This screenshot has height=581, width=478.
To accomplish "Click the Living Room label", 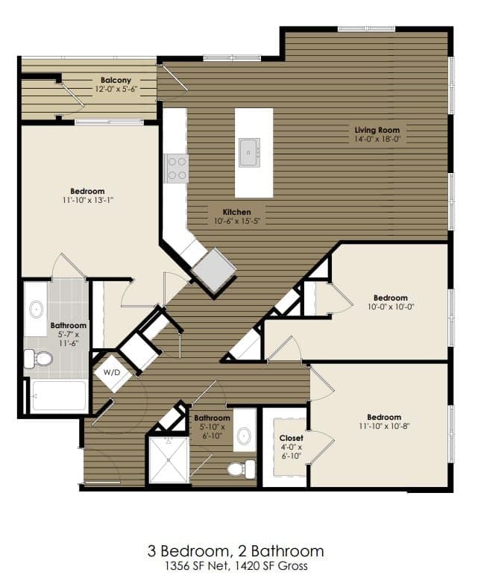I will pyautogui.click(x=377, y=130).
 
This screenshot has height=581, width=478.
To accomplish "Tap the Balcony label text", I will pyautogui.click(x=116, y=80).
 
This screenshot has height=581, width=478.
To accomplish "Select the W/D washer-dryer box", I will pyautogui.click(x=111, y=372).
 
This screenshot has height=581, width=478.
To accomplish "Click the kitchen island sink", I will pyautogui.click(x=249, y=152).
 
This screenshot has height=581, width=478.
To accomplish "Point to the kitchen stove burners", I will pyautogui.click(x=176, y=168).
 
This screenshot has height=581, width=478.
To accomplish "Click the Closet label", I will pyautogui.click(x=290, y=438).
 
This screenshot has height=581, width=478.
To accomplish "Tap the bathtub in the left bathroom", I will pyautogui.click(x=59, y=395).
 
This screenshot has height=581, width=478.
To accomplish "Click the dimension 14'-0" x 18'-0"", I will pyautogui.click(x=377, y=139).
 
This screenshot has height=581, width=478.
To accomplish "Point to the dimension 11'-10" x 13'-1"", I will pyautogui.click(x=87, y=200).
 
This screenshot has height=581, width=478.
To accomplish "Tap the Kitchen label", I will pyautogui.click(x=236, y=212).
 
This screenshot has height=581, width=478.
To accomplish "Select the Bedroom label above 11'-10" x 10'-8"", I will pyautogui.click(x=384, y=417).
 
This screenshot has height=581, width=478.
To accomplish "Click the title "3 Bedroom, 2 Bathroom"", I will pyautogui.click(x=236, y=550).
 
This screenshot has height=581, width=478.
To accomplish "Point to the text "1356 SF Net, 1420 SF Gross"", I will pyautogui.click(x=236, y=566).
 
